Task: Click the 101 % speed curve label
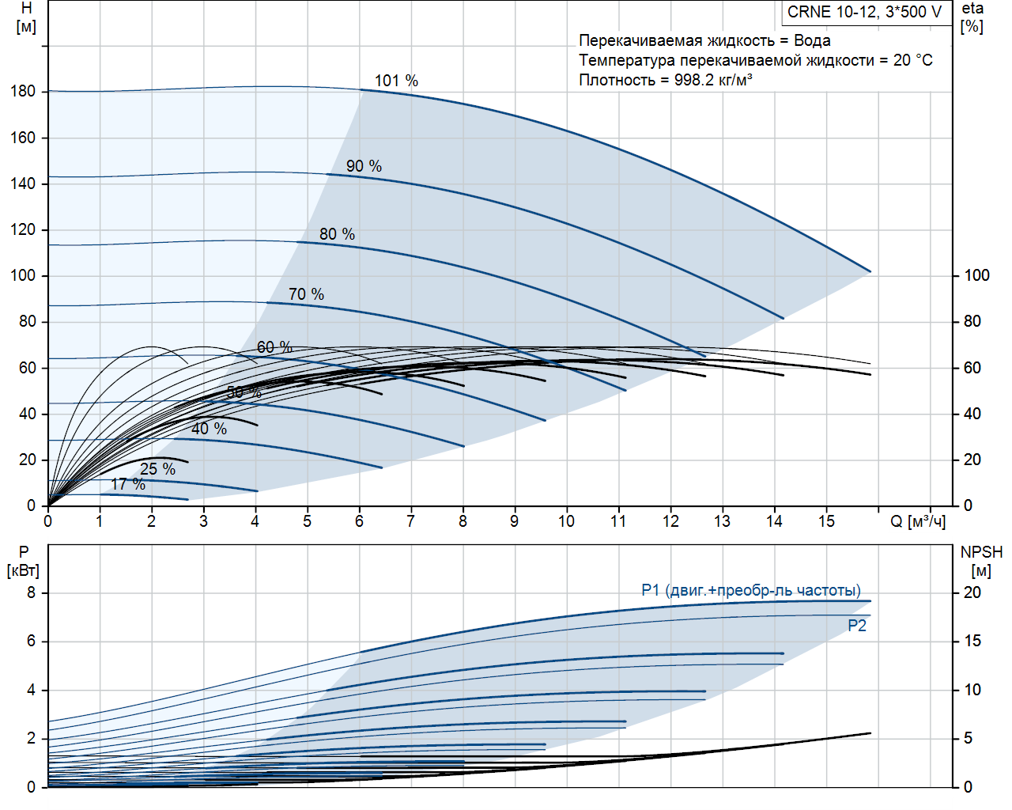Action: [396, 81]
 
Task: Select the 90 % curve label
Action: [364, 166]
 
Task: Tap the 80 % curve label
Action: [337, 234]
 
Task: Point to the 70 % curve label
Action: [306, 294]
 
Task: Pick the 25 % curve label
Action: [157, 469]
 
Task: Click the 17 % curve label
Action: [128, 484]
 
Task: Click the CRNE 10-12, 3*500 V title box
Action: [865, 13]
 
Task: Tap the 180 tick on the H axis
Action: [23, 91]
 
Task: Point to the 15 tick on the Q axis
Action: [826, 521]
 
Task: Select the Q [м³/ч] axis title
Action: [917, 521]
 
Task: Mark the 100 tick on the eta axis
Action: [976, 275]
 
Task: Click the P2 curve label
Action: [857, 626]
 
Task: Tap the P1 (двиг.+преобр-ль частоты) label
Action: [750, 590]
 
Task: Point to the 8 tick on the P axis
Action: [31, 592]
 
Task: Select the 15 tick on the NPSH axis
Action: [972, 641]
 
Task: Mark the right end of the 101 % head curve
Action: [870, 271]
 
